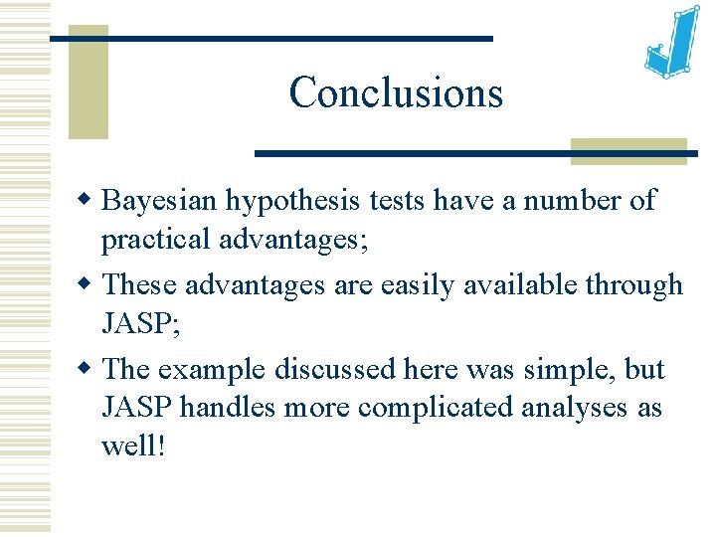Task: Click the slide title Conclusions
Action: click(x=396, y=93)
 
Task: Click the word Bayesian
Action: click(x=160, y=201)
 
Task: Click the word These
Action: click(x=138, y=285)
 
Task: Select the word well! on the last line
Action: click(x=133, y=446)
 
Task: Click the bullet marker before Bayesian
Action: click(x=87, y=201)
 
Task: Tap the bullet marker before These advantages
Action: click(x=87, y=285)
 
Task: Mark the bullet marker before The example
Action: click(x=87, y=369)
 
